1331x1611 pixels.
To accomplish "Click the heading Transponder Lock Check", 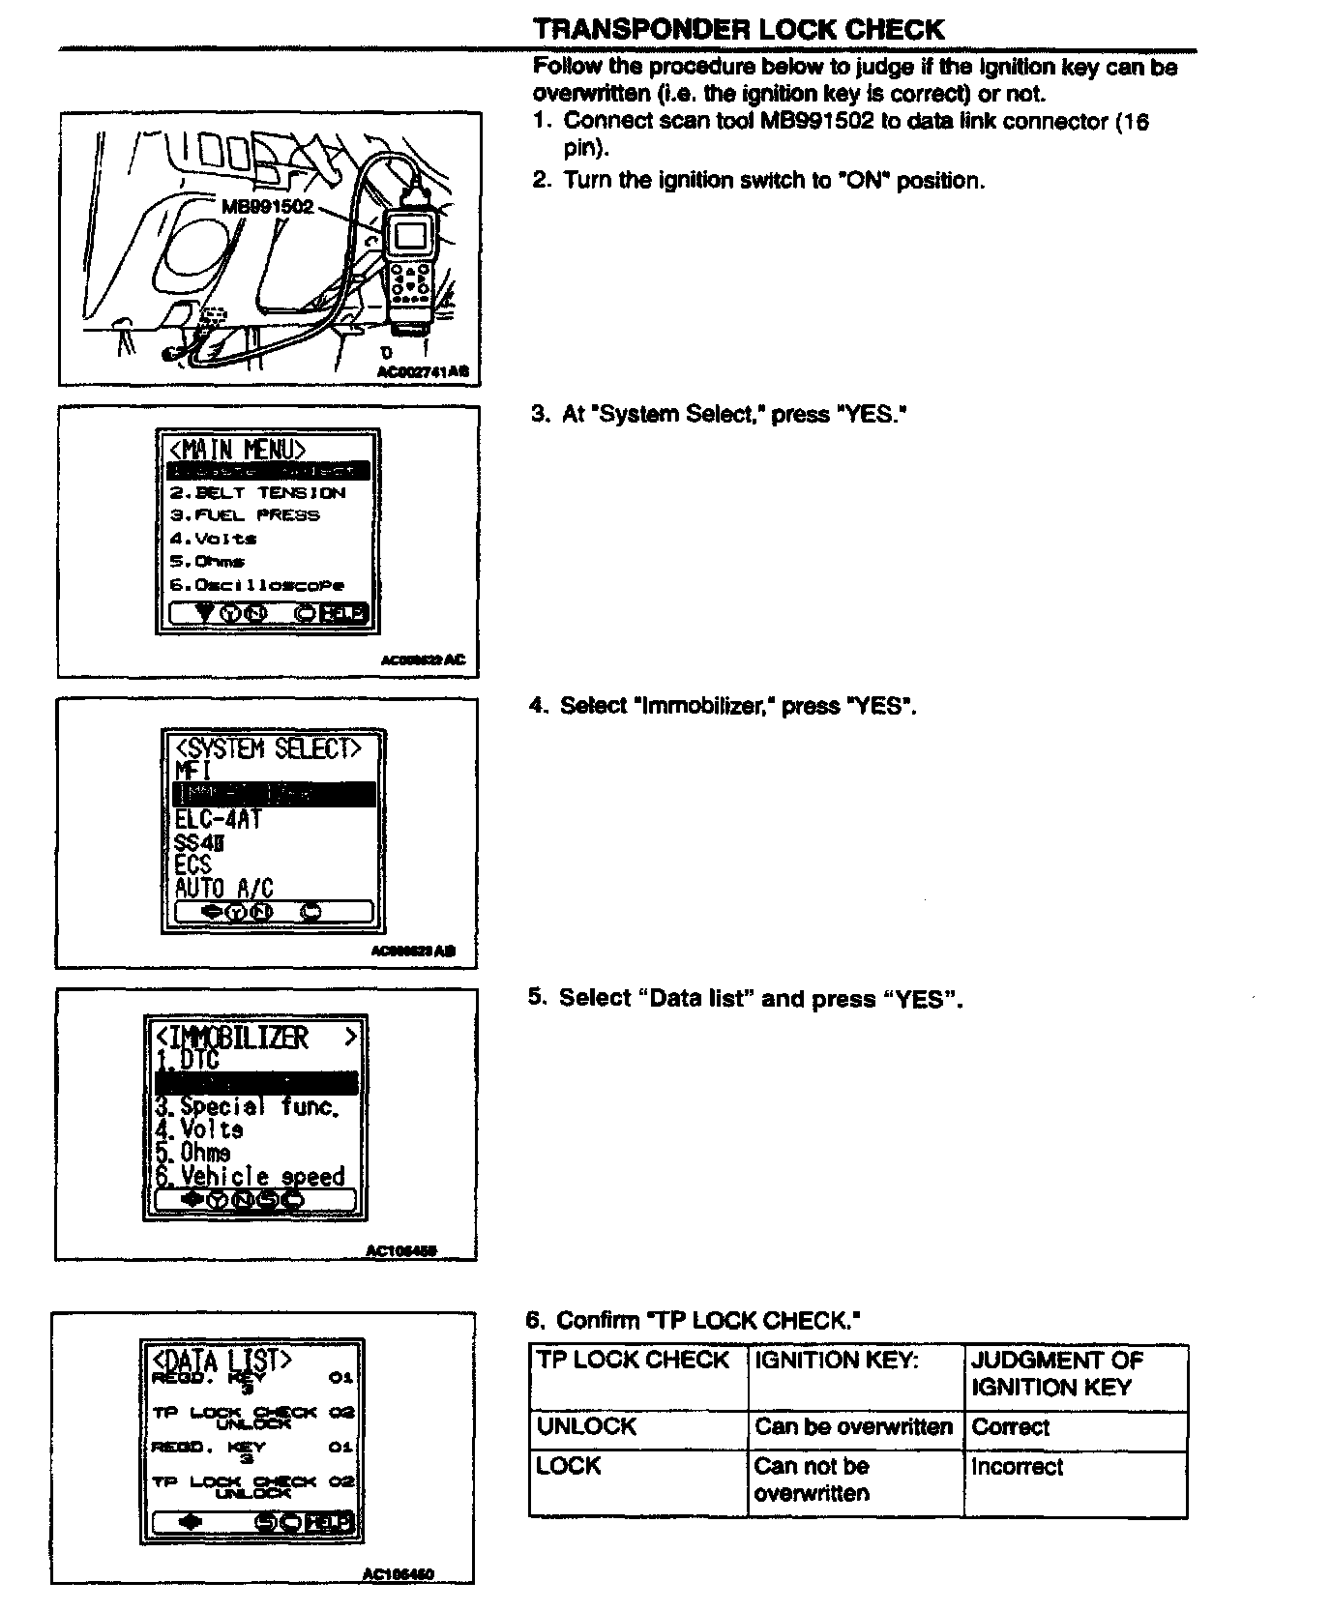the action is [738, 29].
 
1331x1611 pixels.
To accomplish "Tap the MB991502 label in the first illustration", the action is [268, 207].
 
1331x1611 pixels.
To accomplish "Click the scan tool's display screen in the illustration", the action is [409, 235].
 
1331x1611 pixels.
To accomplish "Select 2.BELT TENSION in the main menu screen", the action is [258, 492].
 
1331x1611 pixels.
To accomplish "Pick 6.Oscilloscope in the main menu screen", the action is [256, 585].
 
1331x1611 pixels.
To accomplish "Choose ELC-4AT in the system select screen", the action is [218, 819].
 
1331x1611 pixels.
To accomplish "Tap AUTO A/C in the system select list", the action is [224, 888].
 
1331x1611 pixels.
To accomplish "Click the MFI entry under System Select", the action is [192, 771].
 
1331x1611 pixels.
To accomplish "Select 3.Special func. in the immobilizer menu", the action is [248, 1106].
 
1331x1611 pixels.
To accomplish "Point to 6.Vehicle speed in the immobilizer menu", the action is [250, 1176].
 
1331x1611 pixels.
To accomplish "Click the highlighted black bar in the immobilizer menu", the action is [256, 1083].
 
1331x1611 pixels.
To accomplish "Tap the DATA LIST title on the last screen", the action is [222, 1360].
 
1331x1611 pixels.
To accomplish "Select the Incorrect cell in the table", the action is [1017, 1467].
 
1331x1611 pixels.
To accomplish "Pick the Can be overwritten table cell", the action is [853, 1427].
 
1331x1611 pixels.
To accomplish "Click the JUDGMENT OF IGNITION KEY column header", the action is [1056, 1374].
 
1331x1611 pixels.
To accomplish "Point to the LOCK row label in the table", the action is [569, 1467].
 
